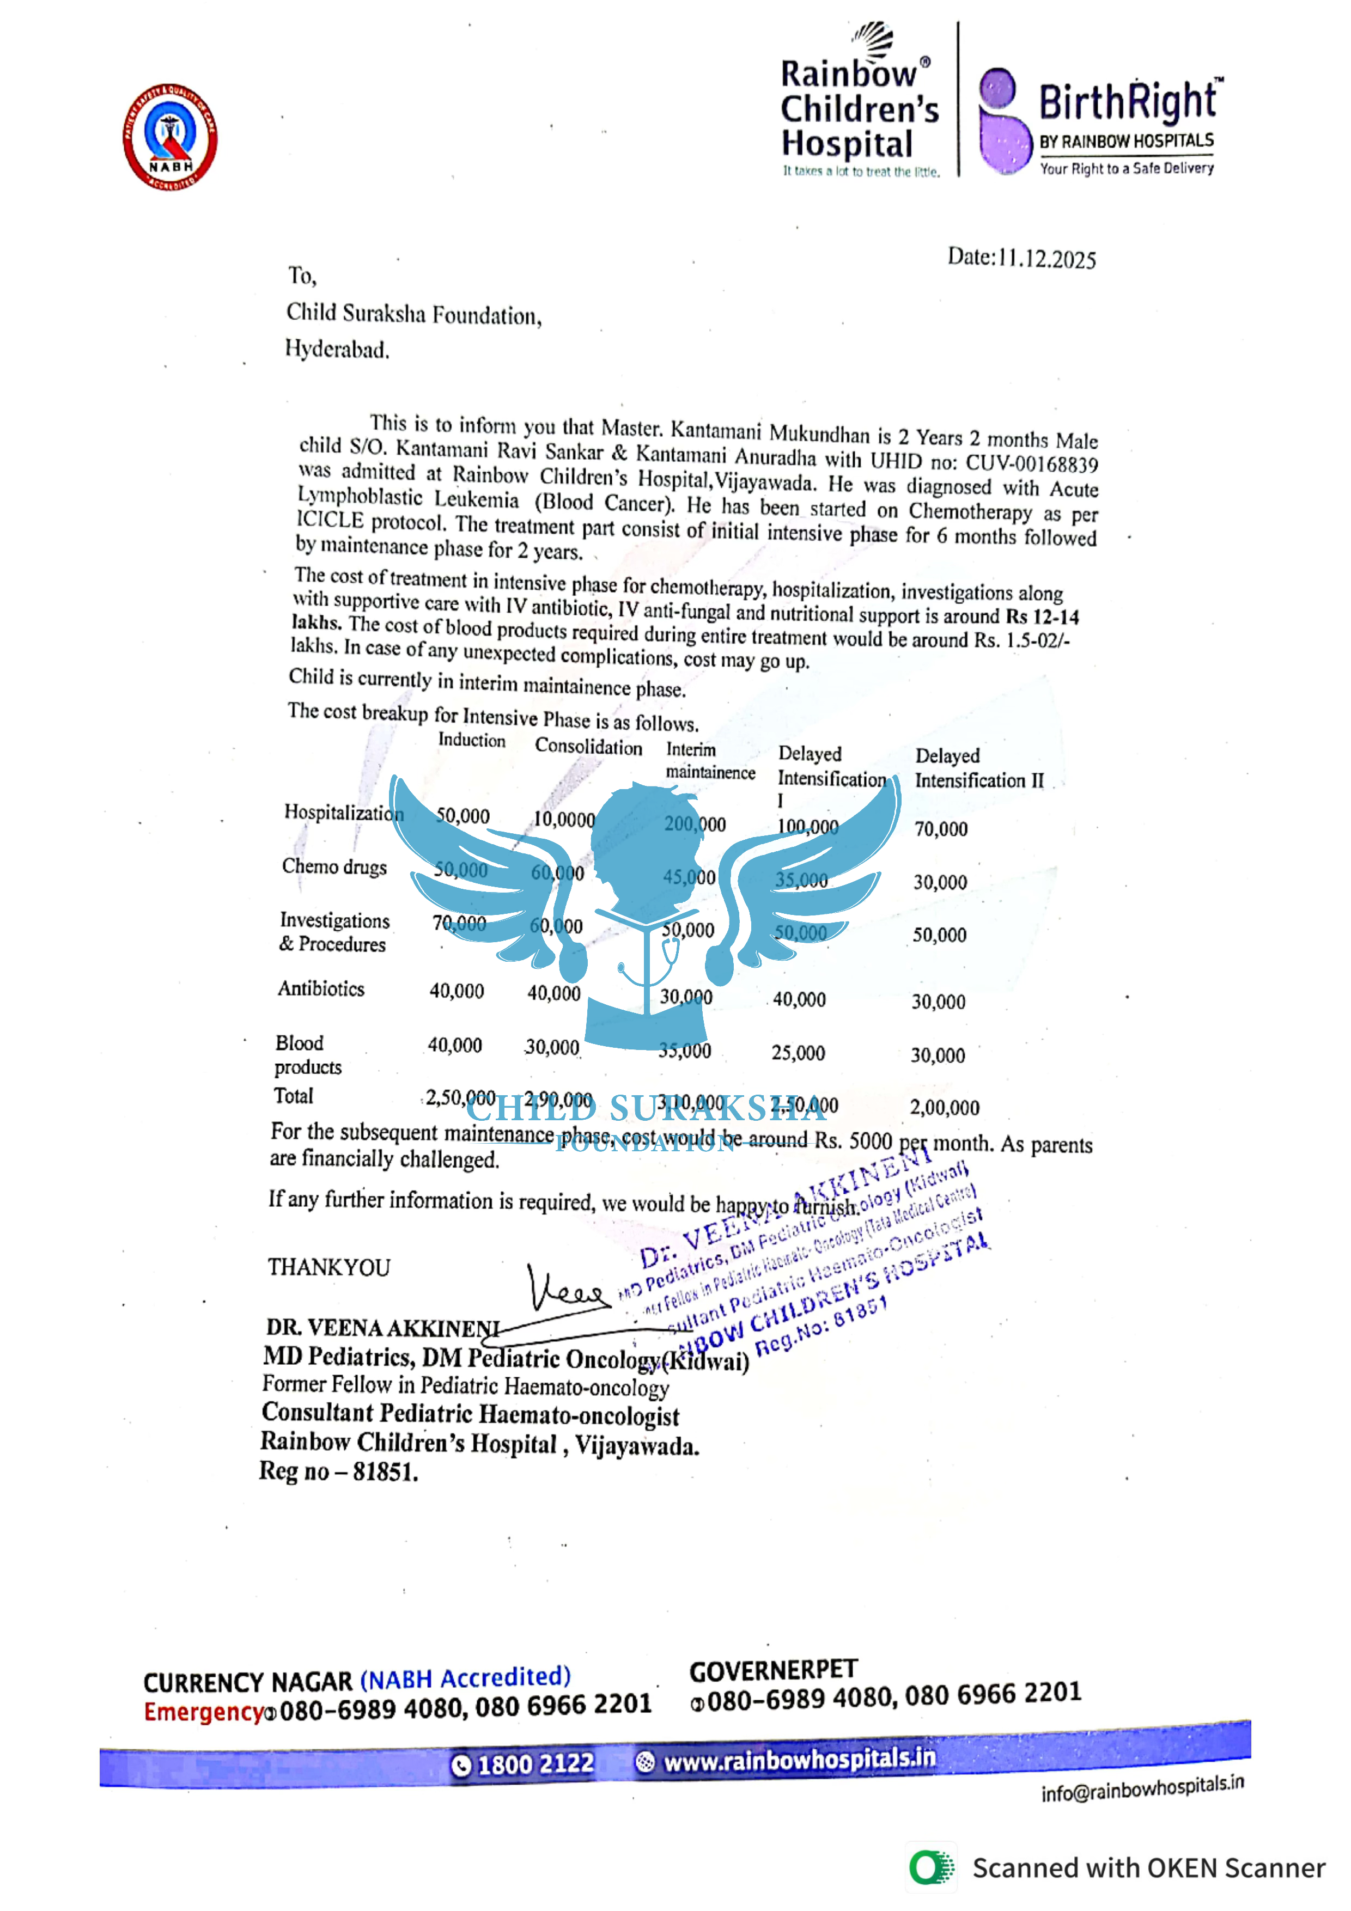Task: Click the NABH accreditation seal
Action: pos(171,137)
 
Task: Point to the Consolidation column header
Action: pos(588,747)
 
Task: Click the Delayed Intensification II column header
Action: pos(979,768)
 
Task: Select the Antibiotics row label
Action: pos(321,989)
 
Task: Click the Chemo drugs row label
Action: pos(334,866)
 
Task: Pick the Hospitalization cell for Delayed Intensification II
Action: pos(941,829)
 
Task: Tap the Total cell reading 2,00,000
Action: pos(945,1108)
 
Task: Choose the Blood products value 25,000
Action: pos(798,1053)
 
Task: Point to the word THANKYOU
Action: pos(329,1268)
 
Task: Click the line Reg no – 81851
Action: pos(338,1472)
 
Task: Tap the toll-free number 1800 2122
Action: pos(525,1763)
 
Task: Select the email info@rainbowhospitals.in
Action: pos(1142,1788)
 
